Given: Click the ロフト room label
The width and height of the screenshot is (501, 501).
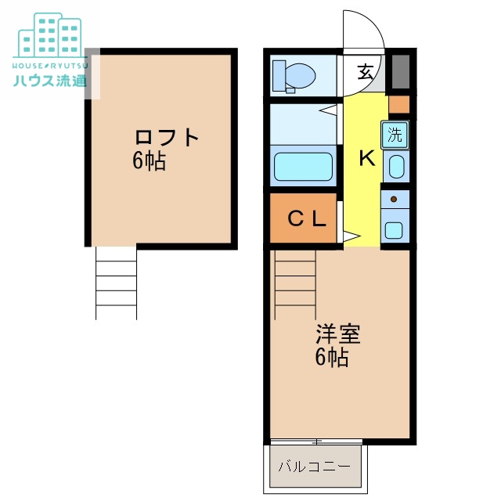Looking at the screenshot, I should tap(167, 137).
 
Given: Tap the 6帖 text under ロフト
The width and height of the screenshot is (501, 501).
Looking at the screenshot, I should tap(149, 162).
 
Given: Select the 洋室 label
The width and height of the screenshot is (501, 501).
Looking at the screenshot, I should tap(338, 334).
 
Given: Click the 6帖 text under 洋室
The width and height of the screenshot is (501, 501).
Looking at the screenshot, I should tap(332, 359).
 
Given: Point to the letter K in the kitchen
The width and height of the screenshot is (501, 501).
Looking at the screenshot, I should tap(366, 159).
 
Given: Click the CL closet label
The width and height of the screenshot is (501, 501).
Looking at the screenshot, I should tap(305, 219).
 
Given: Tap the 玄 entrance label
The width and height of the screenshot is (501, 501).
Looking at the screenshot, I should tap(365, 73).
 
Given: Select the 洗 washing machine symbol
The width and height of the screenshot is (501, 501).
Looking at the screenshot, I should tap(395, 134).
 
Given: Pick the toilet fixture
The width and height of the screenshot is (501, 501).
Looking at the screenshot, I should tap(296, 76).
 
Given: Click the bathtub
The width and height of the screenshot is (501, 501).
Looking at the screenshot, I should tap(303, 167).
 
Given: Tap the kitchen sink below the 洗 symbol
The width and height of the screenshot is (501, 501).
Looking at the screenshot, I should tap(396, 167).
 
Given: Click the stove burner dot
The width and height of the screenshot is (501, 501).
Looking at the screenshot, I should tap(395, 200).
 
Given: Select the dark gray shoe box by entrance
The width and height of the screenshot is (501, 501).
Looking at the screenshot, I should tap(400, 72).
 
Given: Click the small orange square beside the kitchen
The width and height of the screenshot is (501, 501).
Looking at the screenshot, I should tap(399, 104).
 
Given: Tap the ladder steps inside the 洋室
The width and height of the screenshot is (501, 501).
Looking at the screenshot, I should tap(294, 282).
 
